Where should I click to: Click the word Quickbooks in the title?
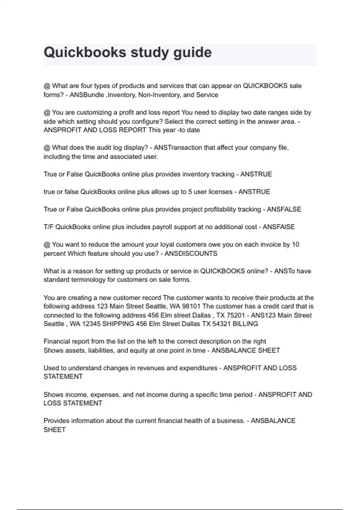(x=85, y=52)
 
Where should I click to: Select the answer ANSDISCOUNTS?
(x=191, y=253)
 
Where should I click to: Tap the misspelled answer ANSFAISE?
(x=279, y=227)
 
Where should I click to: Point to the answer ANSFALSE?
(x=284, y=209)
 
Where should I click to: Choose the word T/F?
(x=49, y=227)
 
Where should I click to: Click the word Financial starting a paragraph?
(x=57, y=341)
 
